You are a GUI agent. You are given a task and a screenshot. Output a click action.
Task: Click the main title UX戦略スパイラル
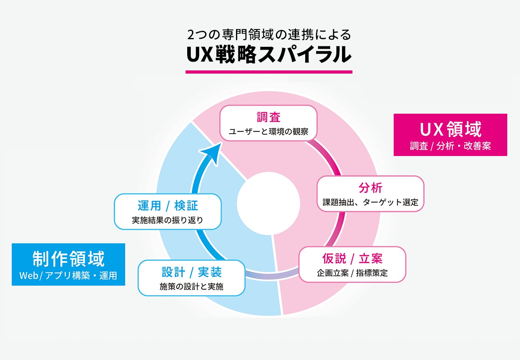pyautogui.click(x=269, y=55)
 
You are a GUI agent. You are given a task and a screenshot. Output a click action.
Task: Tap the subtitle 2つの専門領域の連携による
pyautogui.click(x=269, y=35)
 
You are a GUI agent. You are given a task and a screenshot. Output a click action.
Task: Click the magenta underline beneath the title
pyautogui.click(x=269, y=72)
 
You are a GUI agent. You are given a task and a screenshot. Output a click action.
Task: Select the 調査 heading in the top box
pyautogui.click(x=268, y=117)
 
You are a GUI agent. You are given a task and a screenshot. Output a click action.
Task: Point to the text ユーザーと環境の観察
pyautogui.click(x=268, y=131)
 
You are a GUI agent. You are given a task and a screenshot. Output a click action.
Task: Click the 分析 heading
pyautogui.click(x=370, y=188)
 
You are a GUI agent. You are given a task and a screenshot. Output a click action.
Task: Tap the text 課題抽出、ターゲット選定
pyautogui.click(x=370, y=202)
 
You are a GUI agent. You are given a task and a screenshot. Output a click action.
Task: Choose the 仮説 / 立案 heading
pyautogui.click(x=352, y=259)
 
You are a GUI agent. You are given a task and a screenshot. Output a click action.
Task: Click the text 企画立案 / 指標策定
pyautogui.click(x=352, y=273)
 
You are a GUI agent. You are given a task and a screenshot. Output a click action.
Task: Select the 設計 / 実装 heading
pyautogui.click(x=192, y=272)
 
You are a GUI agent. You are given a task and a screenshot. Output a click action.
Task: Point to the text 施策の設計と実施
pyautogui.click(x=192, y=287)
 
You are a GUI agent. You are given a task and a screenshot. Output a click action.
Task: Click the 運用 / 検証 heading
pyautogui.click(x=168, y=206)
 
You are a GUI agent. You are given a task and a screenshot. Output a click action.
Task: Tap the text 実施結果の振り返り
pyautogui.click(x=168, y=220)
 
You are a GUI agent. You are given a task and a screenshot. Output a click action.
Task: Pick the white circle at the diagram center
pyautogui.click(x=268, y=203)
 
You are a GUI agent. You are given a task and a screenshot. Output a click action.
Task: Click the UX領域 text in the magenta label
pyautogui.click(x=450, y=129)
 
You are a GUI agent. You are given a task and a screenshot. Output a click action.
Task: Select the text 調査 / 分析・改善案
pyautogui.click(x=450, y=146)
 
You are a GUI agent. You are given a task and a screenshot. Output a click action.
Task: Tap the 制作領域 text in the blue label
pyautogui.click(x=68, y=259)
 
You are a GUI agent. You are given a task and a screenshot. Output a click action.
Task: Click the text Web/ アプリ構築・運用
pyautogui.click(x=68, y=276)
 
